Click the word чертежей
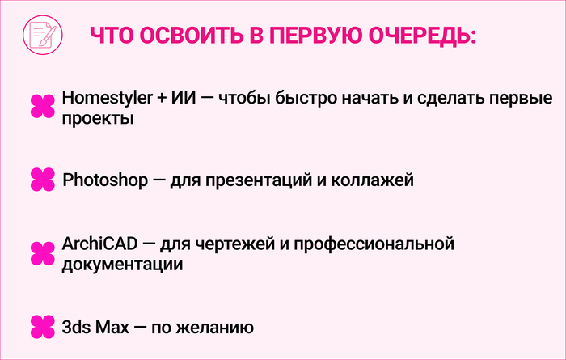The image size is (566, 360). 228,243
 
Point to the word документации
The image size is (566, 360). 120,264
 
